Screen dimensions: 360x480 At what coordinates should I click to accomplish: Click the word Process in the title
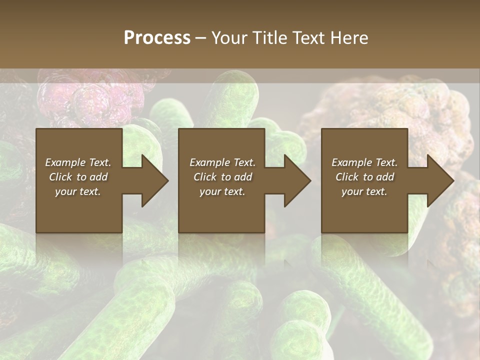coord(157,37)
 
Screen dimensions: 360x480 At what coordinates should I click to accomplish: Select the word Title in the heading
coord(267,37)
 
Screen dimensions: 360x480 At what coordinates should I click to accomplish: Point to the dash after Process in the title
coord(200,38)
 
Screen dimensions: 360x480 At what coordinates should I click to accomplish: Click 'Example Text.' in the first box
coord(78,162)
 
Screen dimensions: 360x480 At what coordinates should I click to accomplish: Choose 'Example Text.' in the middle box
coord(222,162)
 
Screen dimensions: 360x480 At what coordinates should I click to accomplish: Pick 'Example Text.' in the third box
coord(364,162)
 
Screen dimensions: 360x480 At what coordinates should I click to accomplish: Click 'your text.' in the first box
coord(78,191)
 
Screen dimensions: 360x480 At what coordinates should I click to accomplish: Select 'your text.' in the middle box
coord(222,191)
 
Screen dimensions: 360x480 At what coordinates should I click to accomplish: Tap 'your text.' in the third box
coord(364,191)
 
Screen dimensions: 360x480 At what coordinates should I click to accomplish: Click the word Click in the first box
coord(60,177)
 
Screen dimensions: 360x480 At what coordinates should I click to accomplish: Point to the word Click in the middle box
coord(205,177)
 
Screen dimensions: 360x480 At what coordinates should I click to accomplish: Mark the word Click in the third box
coord(347,177)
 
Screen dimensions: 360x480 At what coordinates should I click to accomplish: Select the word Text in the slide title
coord(308,37)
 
